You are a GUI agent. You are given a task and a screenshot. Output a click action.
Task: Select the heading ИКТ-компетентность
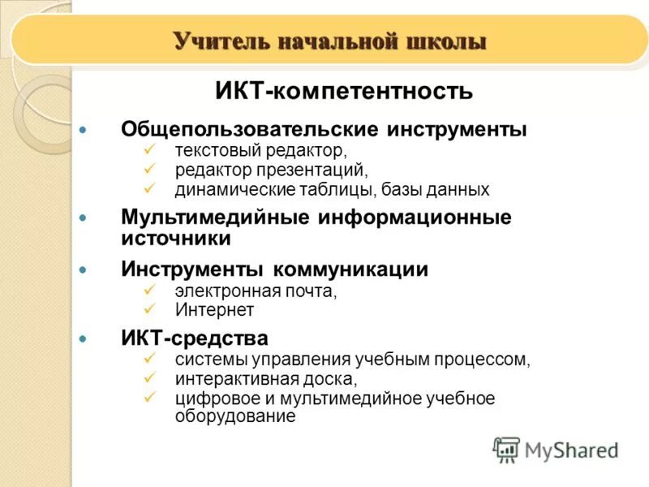(x=344, y=90)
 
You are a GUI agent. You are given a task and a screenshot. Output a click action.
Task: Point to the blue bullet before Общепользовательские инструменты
(x=81, y=130)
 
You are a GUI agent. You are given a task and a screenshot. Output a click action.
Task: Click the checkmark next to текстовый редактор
(x=148, y=149)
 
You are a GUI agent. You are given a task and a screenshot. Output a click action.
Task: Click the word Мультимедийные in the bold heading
(x=215, y=218)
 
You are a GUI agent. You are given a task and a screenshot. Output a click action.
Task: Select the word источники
(x=176, y=239)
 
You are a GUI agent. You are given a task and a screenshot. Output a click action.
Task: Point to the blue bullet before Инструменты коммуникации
(x=81, y=269)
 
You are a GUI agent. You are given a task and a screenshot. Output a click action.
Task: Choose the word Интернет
(x=214, y=310)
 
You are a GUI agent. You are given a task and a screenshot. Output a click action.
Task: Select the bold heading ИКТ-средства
(x=195, y=338)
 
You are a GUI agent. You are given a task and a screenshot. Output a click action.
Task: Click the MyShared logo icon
(x=507, y=449)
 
